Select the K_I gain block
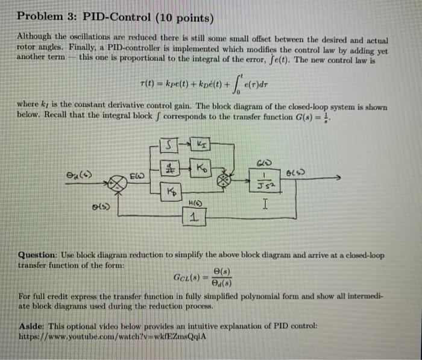[x=201, y=145]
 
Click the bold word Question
[x=37, y=255]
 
